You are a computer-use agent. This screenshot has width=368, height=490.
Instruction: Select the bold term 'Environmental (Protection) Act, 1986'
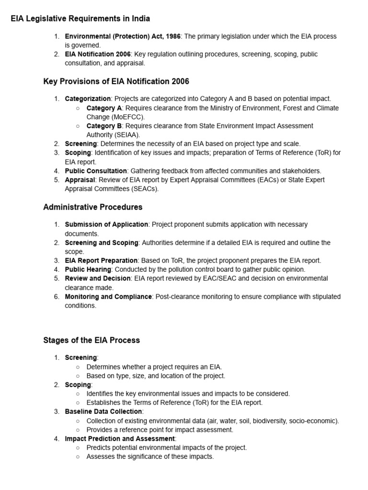pos(123,36)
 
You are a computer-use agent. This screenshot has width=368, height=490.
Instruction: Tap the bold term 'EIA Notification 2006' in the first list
pos(98,54)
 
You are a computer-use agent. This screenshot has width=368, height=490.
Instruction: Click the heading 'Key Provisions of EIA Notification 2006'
pos(116,81)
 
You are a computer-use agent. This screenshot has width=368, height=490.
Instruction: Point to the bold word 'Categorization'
pos(88,99)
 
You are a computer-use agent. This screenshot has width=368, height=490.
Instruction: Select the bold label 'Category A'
pos(104,108)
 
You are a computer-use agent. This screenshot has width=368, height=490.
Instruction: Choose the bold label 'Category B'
pos(104,126)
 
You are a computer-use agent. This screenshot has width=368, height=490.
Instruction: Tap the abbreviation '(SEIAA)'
pos(114,135)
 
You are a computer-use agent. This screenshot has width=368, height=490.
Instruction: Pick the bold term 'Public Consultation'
pos(96,171)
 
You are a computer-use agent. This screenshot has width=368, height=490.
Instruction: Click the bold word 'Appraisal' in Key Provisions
pos(80,180)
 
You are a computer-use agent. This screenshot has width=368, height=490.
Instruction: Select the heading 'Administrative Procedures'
pos(92,207)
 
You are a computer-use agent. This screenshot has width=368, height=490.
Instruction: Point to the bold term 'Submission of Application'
pos(106,224)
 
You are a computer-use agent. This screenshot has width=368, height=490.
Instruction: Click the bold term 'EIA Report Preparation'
pos(101,260)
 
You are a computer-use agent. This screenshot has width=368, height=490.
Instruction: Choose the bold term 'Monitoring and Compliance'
pos(108,297)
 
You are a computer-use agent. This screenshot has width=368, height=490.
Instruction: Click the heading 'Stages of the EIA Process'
pos(92,340)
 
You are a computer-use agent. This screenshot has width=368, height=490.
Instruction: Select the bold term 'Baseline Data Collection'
pos(103,412)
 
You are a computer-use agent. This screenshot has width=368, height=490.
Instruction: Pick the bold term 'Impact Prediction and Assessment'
pos(120,438)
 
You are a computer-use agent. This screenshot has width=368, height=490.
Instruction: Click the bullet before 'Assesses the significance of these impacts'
pos(78,457)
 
